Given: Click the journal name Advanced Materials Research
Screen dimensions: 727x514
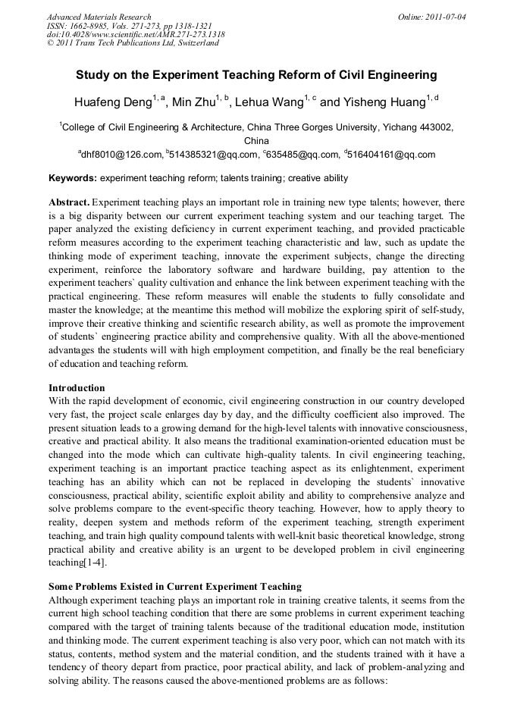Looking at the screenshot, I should pyautogui.click(x=99, y=17).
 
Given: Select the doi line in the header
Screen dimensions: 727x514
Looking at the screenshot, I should pyautogui.click(x=135, y=34).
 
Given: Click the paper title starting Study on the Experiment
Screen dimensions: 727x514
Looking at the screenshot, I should pyautogui.click(x=257, y=75).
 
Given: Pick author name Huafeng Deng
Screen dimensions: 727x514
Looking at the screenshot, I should pyautogui.click(x=112, y=102).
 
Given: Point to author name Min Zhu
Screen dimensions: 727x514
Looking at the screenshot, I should pyautogui.click(x=192, y=102).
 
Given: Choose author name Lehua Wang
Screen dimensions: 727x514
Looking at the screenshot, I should pyautogui.click(x=271, y=102).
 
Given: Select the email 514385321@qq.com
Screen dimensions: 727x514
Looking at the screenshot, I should pyautogui.click(x=215, y=155).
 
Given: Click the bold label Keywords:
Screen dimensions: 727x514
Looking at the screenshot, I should pyautogui.click(x=73, y=179).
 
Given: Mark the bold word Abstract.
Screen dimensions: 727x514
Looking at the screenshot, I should pyautogui.click(x=69, y=203).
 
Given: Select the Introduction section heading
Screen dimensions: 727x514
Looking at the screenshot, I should pyautogui.click(x=77, y=388).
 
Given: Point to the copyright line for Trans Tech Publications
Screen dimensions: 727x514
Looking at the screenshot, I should pyautogui.click(x=133, y=43).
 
